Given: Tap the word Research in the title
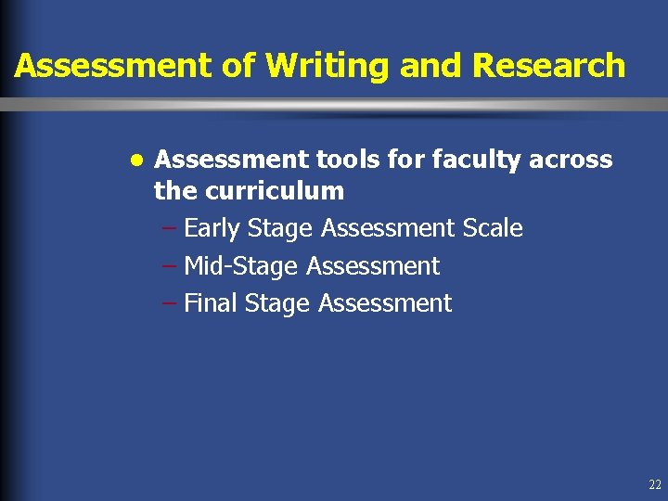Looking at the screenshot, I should (x=548, y=67).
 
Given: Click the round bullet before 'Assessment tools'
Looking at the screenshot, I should (x=136, y=160).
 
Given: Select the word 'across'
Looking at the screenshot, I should (x=572, y=160).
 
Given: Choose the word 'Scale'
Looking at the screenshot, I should (x=493, y=228).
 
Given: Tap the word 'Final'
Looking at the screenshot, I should (x=211, y=303).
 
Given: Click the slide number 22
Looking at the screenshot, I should (x=655, y=484).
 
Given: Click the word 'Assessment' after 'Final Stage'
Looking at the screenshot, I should (x=385, y=303).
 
